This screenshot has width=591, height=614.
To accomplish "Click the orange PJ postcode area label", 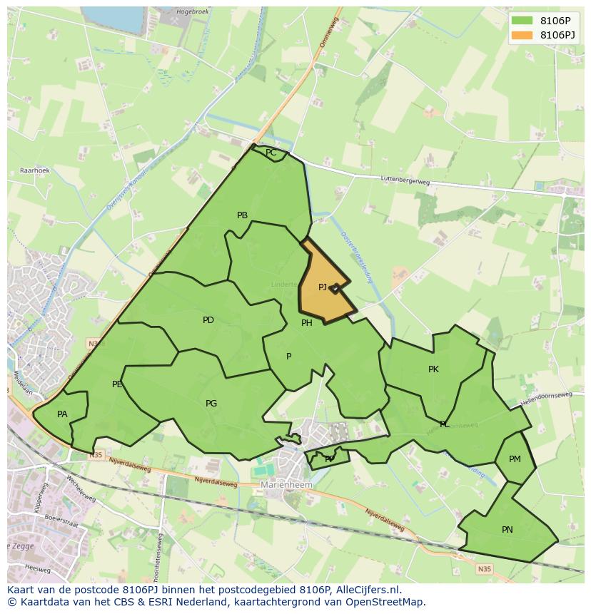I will click(x=323, y=287).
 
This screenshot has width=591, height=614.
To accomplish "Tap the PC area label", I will click(x=271, y=153).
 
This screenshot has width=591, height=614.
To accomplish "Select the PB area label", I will click(x=242, y=215).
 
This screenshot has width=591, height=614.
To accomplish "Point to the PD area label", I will click(x=208, y=320).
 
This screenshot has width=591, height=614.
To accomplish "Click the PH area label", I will click(x=306, y=323).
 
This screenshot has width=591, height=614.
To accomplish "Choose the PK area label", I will click(x=433, y=369).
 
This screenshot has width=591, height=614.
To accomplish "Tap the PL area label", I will click(x=445, y=424).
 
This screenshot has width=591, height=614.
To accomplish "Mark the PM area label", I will click(x=515, y=459).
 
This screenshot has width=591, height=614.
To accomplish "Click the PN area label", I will click(x=507, y=530).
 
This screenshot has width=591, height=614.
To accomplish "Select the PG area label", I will click(x=211, y=404).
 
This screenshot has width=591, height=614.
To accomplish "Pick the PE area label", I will click(x=117, y=384).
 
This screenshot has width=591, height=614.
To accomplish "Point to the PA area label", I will click(x=62, y=414).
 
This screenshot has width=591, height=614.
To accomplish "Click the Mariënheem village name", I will click(x=286, y=485).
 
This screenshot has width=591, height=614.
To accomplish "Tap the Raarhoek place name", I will click(x=34, y=171).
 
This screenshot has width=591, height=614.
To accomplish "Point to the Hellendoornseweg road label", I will click(x=546, y=399).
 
